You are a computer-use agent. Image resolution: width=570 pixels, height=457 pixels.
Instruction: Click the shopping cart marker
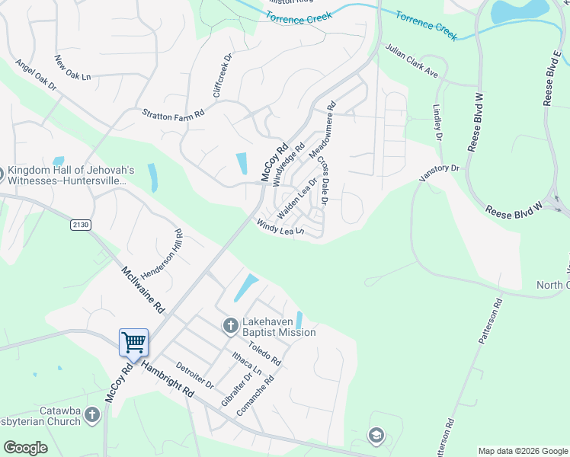(133, 342)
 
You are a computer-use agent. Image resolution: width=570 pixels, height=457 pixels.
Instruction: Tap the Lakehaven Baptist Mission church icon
(230, 326)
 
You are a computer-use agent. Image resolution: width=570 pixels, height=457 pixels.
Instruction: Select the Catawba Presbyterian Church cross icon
(92, 415)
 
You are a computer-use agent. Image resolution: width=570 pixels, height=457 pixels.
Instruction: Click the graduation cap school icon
(375, 435)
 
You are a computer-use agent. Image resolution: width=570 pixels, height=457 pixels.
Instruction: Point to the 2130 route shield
(80, 225)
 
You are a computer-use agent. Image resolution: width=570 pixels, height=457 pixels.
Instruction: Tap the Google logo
(25, 448)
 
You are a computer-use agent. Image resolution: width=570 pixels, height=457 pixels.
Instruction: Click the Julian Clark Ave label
(411, 60)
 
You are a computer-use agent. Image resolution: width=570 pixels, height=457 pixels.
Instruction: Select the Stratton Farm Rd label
(174, 113)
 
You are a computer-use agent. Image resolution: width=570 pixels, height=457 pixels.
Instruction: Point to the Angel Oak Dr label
(36, 76)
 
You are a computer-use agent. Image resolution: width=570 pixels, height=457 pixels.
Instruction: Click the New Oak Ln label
(72, 67)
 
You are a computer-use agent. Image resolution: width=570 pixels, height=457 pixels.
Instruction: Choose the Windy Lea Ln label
(280, 227)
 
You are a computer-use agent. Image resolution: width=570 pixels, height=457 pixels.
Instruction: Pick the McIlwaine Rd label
(143, 289)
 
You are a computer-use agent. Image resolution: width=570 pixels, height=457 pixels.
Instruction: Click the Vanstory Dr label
(440, 172)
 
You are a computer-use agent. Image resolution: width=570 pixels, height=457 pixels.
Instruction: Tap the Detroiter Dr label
(195, 376)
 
